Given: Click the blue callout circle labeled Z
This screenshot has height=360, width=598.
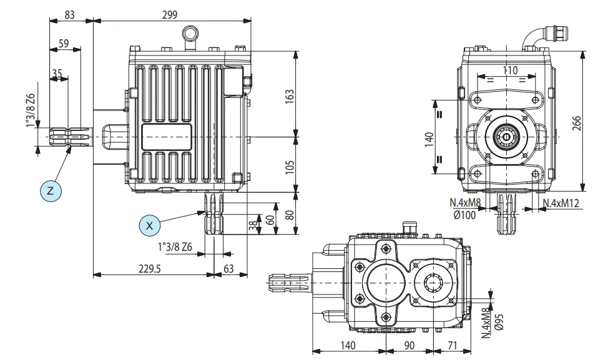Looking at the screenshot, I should (x=52, y=190).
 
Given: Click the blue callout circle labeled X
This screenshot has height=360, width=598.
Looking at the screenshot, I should (x=150, y=225).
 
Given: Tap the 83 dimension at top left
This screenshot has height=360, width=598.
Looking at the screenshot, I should (x=70, y=14).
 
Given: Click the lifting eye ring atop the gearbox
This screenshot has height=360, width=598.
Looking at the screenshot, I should (x=189, y=33).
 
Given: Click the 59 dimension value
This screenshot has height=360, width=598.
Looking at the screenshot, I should (x=64, y=44).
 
